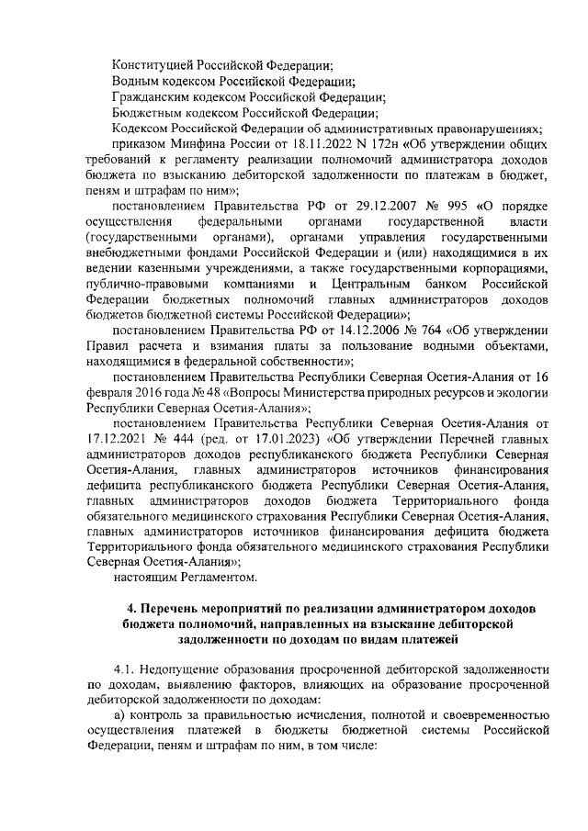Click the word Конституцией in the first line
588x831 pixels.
(155, 66)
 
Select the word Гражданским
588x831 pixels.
(153, 98)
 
